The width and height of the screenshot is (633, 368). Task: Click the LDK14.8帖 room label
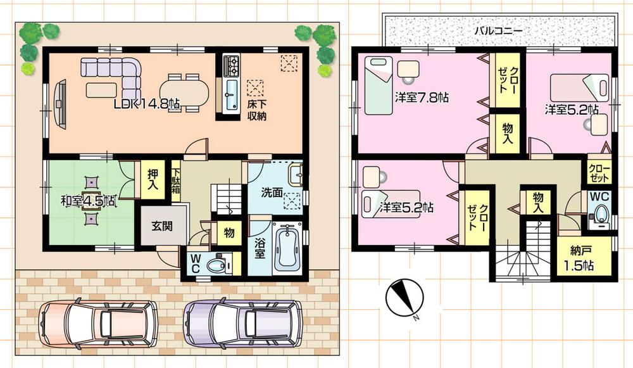click(x=147, y=105)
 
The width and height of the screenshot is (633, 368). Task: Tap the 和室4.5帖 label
click(x=88, y=201)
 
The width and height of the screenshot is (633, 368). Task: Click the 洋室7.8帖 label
click(x=422, y=98)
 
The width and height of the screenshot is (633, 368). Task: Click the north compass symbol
click(x=401, y=297)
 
